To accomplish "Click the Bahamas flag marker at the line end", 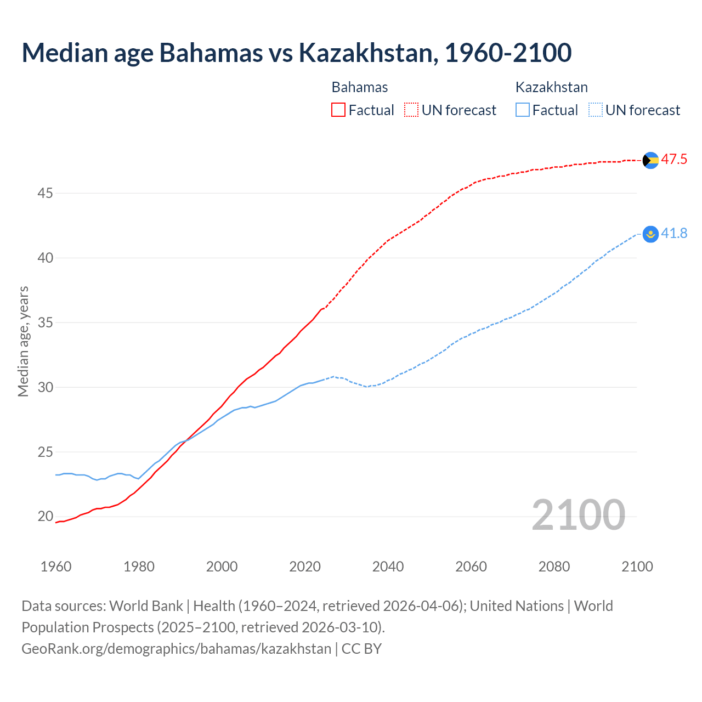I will click(650, 160).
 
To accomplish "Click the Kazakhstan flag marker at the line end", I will click(650, 234).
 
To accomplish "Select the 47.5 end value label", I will click(674, 160).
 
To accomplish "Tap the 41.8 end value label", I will click(674, 234).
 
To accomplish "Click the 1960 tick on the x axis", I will click(56, 567).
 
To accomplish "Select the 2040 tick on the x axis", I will click(388, 567).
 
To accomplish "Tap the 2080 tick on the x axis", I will click(554, 567).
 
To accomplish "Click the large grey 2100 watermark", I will click(578, 515).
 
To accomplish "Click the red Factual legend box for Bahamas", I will click(338, 110).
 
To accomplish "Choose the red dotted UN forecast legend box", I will click(411, 110).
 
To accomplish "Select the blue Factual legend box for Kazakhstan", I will click(523, 110).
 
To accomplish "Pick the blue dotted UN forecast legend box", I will click(596, 110).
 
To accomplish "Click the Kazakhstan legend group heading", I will click(551, 87).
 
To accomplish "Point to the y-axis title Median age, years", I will click(23, 341).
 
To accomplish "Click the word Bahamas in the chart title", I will click(211, 53).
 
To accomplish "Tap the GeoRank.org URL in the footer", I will click(176, 649).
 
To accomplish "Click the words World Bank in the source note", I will click(146, 606).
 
